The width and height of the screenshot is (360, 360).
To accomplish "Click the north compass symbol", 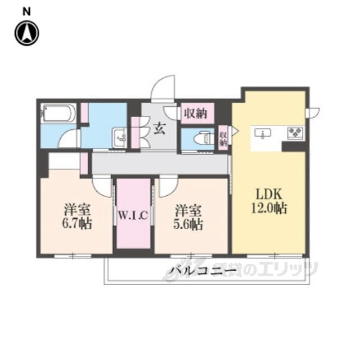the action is coord(27,33).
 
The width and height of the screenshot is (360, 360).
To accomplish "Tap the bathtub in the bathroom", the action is coord(58,114).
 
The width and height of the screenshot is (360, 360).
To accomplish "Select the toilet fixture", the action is coord(202,138).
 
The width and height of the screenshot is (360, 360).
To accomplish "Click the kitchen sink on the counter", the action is coord(263,133).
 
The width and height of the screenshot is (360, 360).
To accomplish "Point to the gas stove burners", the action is coord(295,133).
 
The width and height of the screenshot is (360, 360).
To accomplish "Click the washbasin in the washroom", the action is coord(119,138).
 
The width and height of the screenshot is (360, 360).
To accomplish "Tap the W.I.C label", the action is coord(133,215).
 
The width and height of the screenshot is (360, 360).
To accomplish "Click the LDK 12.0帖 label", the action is coord(269,202).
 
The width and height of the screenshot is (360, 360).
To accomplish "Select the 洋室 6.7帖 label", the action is coord(77,217).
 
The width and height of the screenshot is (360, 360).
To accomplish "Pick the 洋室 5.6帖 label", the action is coord(188,217).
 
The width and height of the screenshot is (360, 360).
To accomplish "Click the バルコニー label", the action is coord(202,271).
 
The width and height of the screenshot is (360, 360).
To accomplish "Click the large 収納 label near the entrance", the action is coord(196,113).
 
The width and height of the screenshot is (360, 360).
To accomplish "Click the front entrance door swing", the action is coord(163,88).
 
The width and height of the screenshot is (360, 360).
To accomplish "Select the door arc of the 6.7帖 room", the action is coord(102,187).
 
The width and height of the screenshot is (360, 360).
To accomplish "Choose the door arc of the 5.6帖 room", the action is coord(169,187).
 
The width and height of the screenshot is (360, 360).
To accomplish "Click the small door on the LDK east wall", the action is coord(313,112).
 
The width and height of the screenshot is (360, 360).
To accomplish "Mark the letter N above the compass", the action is coord(27,12).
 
